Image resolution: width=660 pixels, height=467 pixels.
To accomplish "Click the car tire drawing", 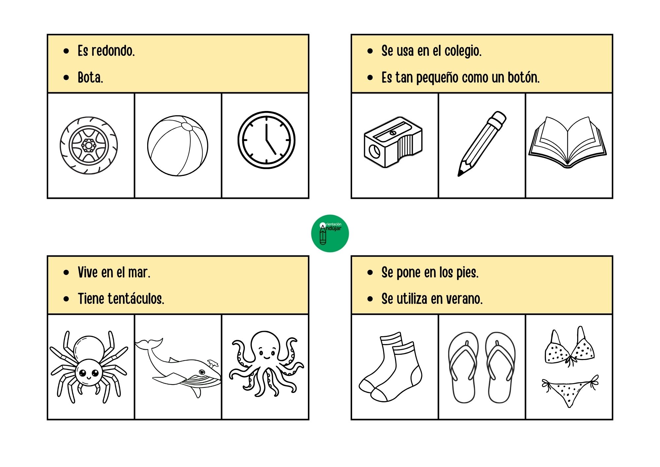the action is (88, 145).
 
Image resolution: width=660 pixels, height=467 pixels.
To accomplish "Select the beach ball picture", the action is (178, 146).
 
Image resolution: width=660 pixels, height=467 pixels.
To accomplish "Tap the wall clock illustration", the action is (266, 140).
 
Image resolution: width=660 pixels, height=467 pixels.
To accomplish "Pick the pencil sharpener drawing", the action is (393, 142).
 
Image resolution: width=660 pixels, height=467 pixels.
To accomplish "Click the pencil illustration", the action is (481, 144).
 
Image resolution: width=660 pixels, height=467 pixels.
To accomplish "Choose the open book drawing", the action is (568, 142).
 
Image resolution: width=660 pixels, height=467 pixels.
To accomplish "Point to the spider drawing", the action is (88, 367).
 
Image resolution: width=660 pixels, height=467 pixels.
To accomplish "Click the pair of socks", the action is (391, 367).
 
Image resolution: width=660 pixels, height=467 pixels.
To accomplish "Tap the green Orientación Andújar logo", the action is (330, 234).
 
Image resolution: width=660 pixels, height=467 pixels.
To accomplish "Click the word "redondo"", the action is (113, 51).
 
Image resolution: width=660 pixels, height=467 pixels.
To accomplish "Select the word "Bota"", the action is (90, 78).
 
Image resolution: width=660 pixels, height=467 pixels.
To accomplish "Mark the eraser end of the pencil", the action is (499, 117).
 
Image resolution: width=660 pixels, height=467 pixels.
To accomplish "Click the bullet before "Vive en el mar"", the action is (66, 272).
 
